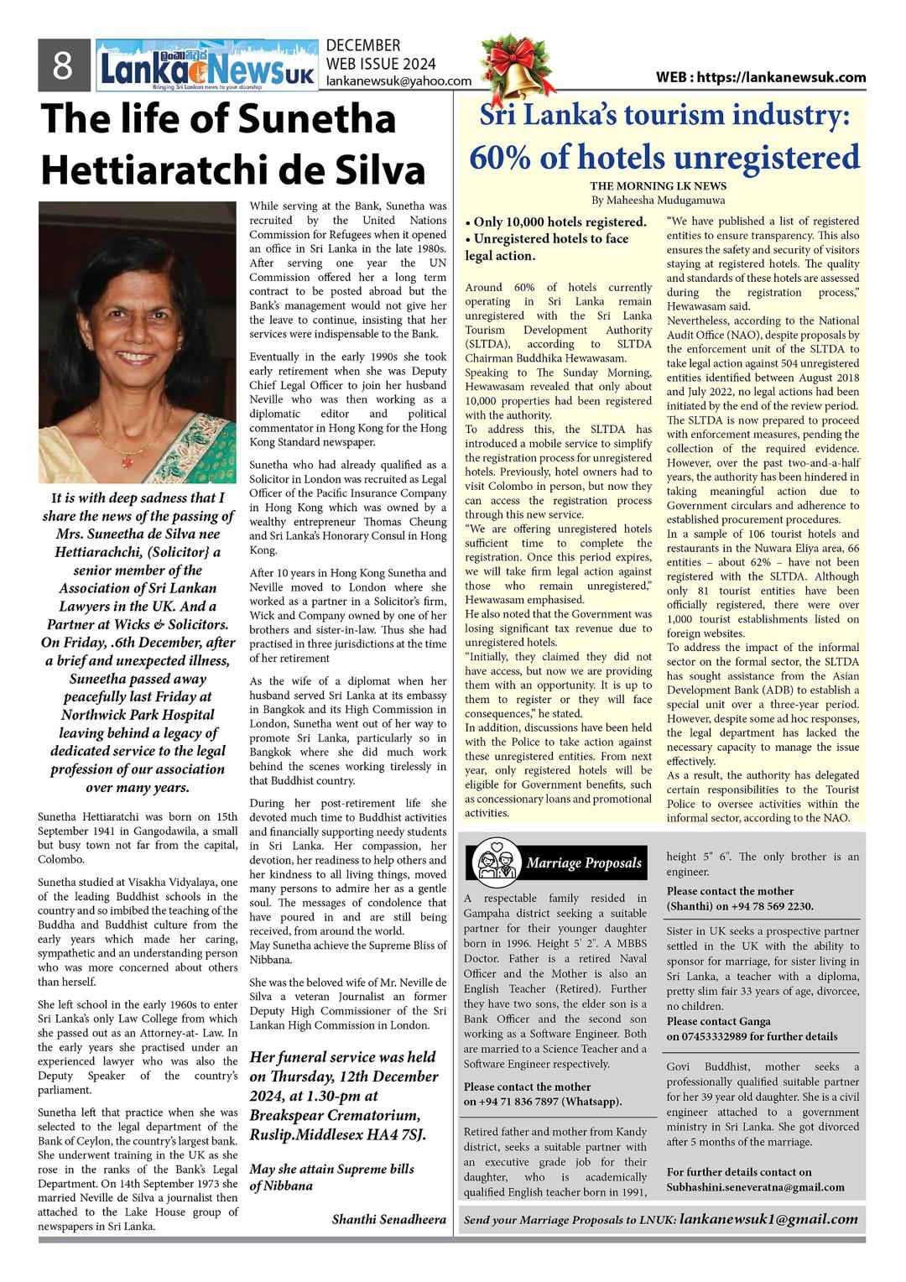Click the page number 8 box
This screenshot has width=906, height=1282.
point(63,65)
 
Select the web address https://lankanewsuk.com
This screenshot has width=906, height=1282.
point(761,77)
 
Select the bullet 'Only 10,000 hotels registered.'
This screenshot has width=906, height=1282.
point(555,222)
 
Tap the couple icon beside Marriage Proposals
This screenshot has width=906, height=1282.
point(494,862)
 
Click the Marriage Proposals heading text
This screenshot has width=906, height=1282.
point(584,862)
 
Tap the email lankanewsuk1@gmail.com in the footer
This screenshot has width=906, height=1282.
point(768,1219)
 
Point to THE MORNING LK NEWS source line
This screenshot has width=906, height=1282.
point(658,185)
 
